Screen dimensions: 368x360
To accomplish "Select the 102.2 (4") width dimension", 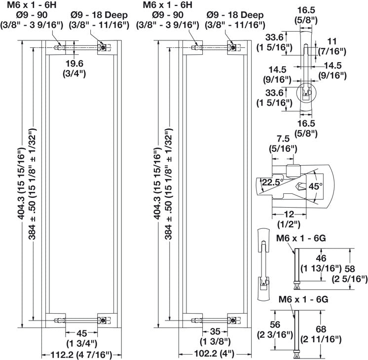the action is (x=214, y=353).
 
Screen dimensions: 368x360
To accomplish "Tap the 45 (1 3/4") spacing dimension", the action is (x=81, y=338).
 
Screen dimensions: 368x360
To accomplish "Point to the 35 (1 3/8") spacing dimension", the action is (x=215, y=336).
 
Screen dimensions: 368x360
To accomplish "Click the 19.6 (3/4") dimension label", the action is (x=74, y=68).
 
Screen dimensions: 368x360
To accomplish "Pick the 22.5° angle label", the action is (x=272, y=182).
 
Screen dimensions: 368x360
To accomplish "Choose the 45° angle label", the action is (x=315, y=186).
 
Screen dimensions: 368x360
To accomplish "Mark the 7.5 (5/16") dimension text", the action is (x=283, y=144).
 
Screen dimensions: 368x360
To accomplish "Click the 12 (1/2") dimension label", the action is (x=289, y=219).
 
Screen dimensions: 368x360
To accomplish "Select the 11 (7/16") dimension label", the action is (x=332, y=46).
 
